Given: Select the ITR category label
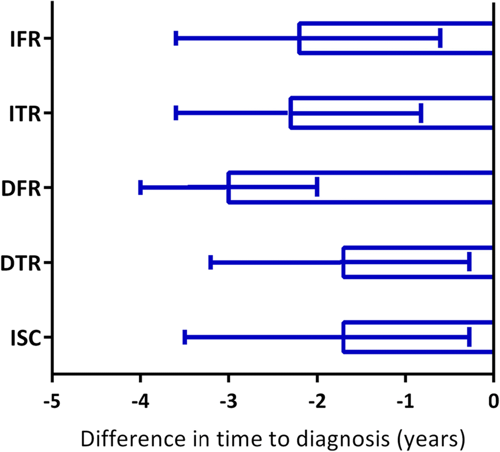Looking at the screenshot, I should pos(25,114).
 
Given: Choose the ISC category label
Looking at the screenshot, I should pos(25,337).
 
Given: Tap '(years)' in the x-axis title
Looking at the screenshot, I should pos(438,436).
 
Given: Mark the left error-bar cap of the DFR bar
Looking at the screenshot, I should pos(140,187).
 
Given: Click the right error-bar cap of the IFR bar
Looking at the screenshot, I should pos(440,39).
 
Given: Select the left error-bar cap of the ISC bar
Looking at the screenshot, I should pos(185,337).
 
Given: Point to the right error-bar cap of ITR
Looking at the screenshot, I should pos(421,113).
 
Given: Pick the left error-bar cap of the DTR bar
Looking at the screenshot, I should pos(210,262).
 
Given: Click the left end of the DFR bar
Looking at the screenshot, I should pos(229,188).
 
